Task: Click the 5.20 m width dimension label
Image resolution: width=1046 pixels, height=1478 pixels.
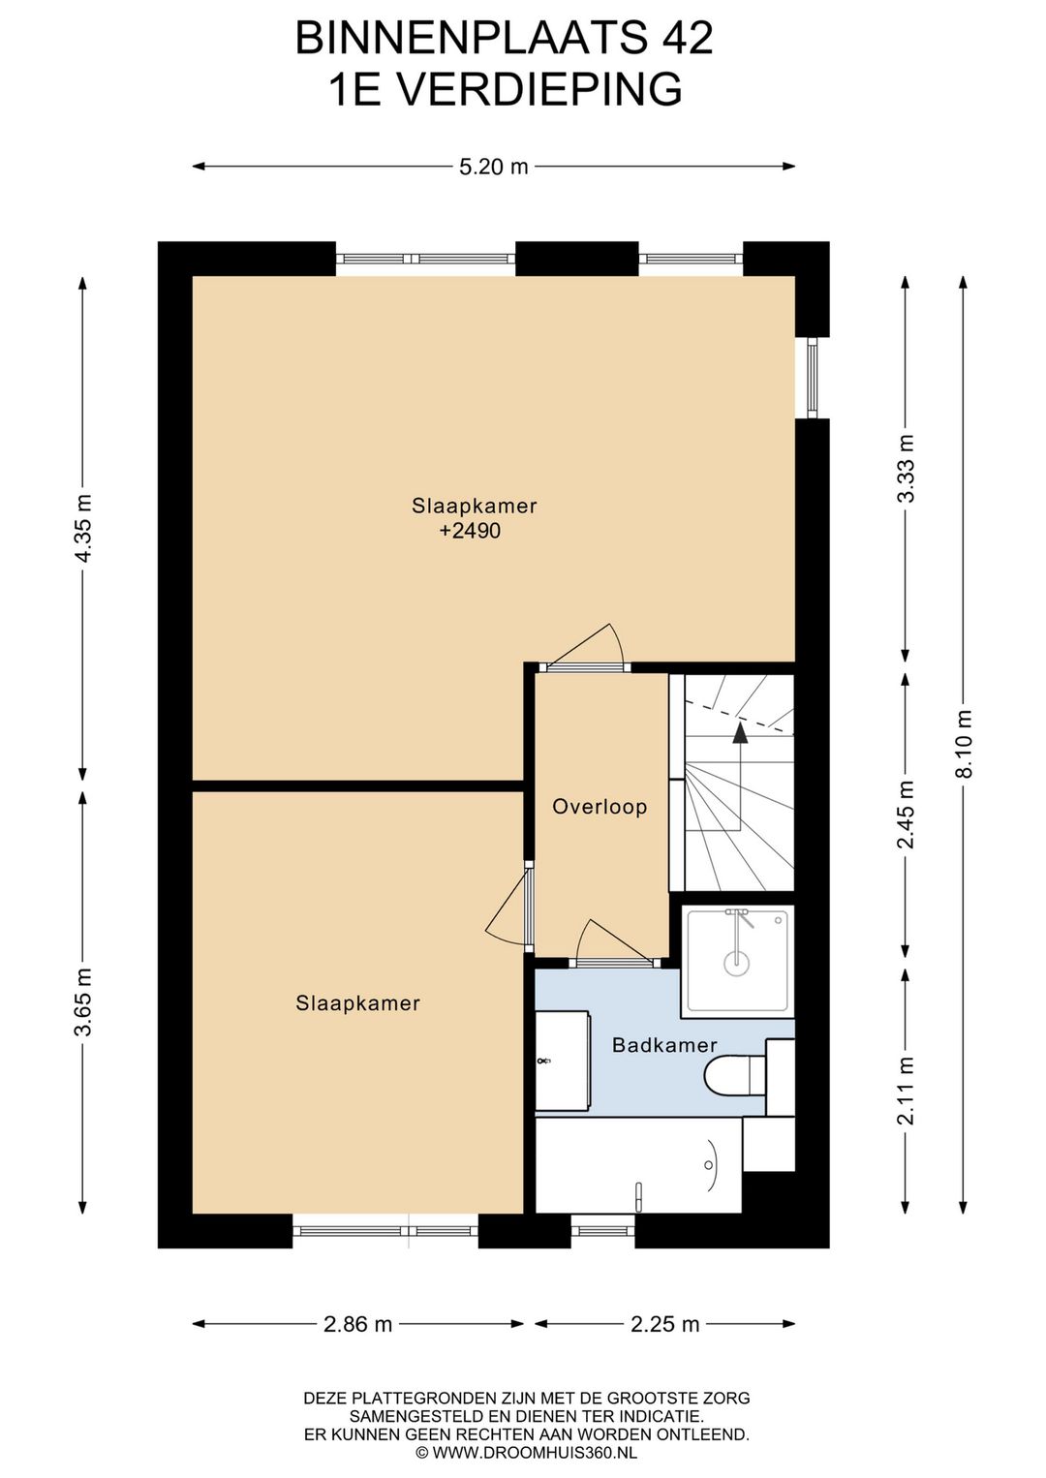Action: [x=494, y=167]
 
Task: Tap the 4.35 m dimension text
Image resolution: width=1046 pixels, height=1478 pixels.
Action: [x=84, y=528]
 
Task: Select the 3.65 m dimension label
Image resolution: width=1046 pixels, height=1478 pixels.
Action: [x=84, y=1002]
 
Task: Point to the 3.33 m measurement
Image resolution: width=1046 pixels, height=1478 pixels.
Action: [x=907, y=469]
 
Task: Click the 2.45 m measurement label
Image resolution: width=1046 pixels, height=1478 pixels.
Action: [x=907, y=815]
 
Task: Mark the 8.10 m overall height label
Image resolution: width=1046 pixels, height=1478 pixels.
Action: [x=965, y=744]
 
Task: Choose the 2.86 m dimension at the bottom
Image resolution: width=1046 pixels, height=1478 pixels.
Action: [x=357, y=1324]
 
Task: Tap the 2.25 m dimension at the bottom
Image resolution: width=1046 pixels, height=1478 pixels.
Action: [x=664, y=1324]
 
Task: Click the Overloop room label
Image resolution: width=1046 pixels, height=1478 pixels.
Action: [x=600, y=807]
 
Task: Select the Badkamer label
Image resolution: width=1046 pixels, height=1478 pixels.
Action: [x=663, y=1045]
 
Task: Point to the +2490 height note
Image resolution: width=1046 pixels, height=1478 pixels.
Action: [x=470, y=531]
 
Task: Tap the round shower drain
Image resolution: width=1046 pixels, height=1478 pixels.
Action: [x=736, y=964]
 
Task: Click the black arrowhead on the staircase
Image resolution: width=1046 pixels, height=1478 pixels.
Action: [x=739, y=734]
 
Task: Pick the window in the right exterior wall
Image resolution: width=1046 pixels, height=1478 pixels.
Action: [x=812, y=378]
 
